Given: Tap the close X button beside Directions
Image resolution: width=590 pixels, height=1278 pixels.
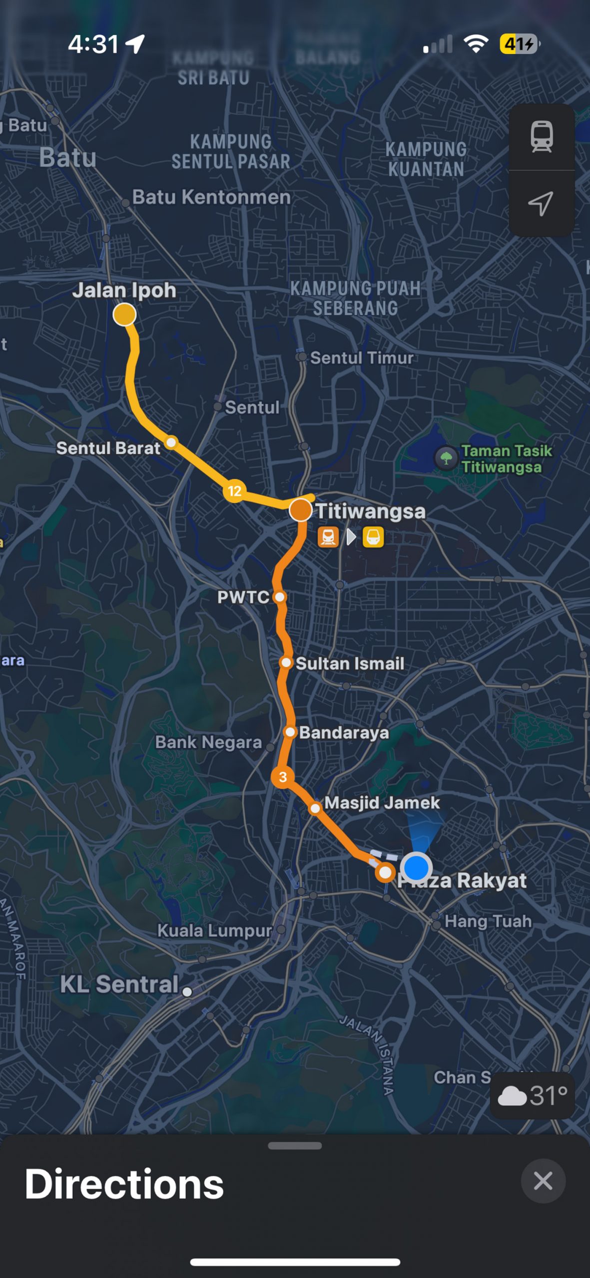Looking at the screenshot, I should [543, 1181].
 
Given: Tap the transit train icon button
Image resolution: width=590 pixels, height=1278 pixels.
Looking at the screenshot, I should [542, 136].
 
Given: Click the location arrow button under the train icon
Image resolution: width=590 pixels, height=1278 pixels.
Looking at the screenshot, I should [541, 203].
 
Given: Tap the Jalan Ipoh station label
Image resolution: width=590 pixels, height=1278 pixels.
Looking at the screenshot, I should [124, 290].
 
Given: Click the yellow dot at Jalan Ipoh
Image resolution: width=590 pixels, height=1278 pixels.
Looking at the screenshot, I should [124, 315].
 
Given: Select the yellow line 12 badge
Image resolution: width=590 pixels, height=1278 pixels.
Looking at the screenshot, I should [234, 491].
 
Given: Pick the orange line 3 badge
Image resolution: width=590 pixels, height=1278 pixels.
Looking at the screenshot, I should [283, 777].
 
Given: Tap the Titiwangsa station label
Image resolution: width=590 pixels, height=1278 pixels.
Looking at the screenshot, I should [370, 511].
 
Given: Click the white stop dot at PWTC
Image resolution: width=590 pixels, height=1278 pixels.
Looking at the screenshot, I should [280, 597].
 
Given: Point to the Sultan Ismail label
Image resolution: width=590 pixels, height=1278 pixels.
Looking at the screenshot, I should [350, 663].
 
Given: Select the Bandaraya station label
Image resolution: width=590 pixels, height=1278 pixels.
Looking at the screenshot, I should [344, 732].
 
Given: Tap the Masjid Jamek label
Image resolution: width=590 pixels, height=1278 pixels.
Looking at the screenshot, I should [382, 803].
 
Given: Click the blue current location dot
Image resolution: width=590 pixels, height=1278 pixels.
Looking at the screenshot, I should [416, 867].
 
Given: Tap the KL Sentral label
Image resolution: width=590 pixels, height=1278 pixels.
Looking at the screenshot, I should [119, 984].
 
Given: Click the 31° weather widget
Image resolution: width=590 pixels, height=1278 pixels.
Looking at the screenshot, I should [533, 1096].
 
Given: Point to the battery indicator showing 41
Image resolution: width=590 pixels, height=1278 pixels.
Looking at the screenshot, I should [519, 44].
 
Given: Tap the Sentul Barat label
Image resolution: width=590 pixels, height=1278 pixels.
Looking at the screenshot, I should [108, 448].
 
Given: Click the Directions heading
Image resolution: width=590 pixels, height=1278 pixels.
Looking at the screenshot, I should [124, 1184].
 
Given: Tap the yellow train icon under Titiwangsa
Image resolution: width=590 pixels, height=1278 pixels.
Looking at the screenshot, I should [373, 538].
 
